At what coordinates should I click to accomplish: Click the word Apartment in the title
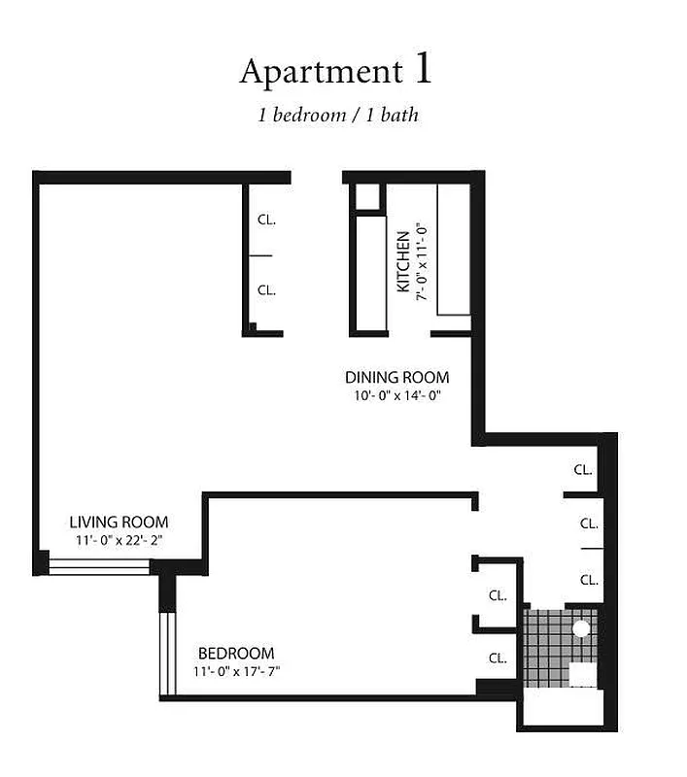[320, 72]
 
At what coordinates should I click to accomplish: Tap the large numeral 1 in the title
[423, 69]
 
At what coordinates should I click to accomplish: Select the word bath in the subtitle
[400, 115]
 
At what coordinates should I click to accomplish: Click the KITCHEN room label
[402, 261]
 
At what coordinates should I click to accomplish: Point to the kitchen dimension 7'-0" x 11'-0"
[422, 261]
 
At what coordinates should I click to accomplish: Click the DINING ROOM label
[397, 377]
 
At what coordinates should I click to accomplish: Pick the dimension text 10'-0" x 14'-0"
[397, 395]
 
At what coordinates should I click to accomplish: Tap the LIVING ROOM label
[119, 522]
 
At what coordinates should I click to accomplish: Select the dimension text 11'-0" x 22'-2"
[119, 540]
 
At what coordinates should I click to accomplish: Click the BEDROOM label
[236, 653]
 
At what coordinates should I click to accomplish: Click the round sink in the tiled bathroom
[580, 628]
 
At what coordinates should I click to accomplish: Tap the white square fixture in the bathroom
[582, 674]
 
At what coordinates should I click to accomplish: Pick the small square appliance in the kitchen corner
[365, 195]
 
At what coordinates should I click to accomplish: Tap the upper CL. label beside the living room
[266, 220]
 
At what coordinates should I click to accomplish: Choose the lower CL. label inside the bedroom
[498, 658]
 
